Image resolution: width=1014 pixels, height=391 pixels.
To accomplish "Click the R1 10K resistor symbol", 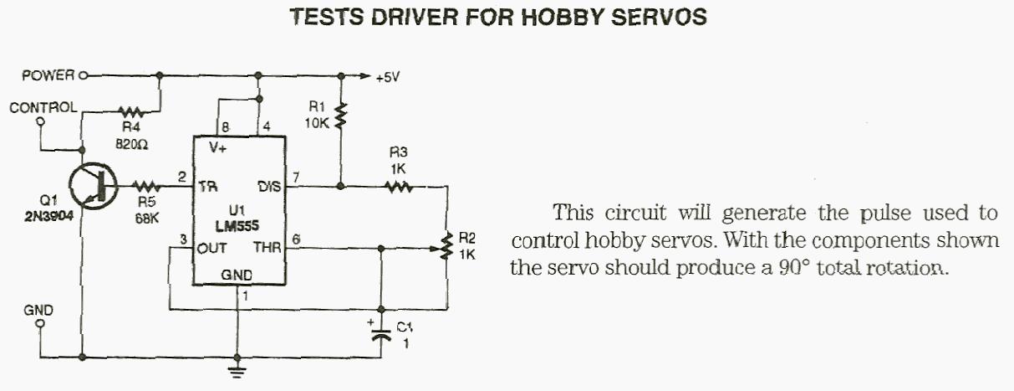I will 339,116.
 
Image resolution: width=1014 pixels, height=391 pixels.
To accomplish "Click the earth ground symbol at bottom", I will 239,369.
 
